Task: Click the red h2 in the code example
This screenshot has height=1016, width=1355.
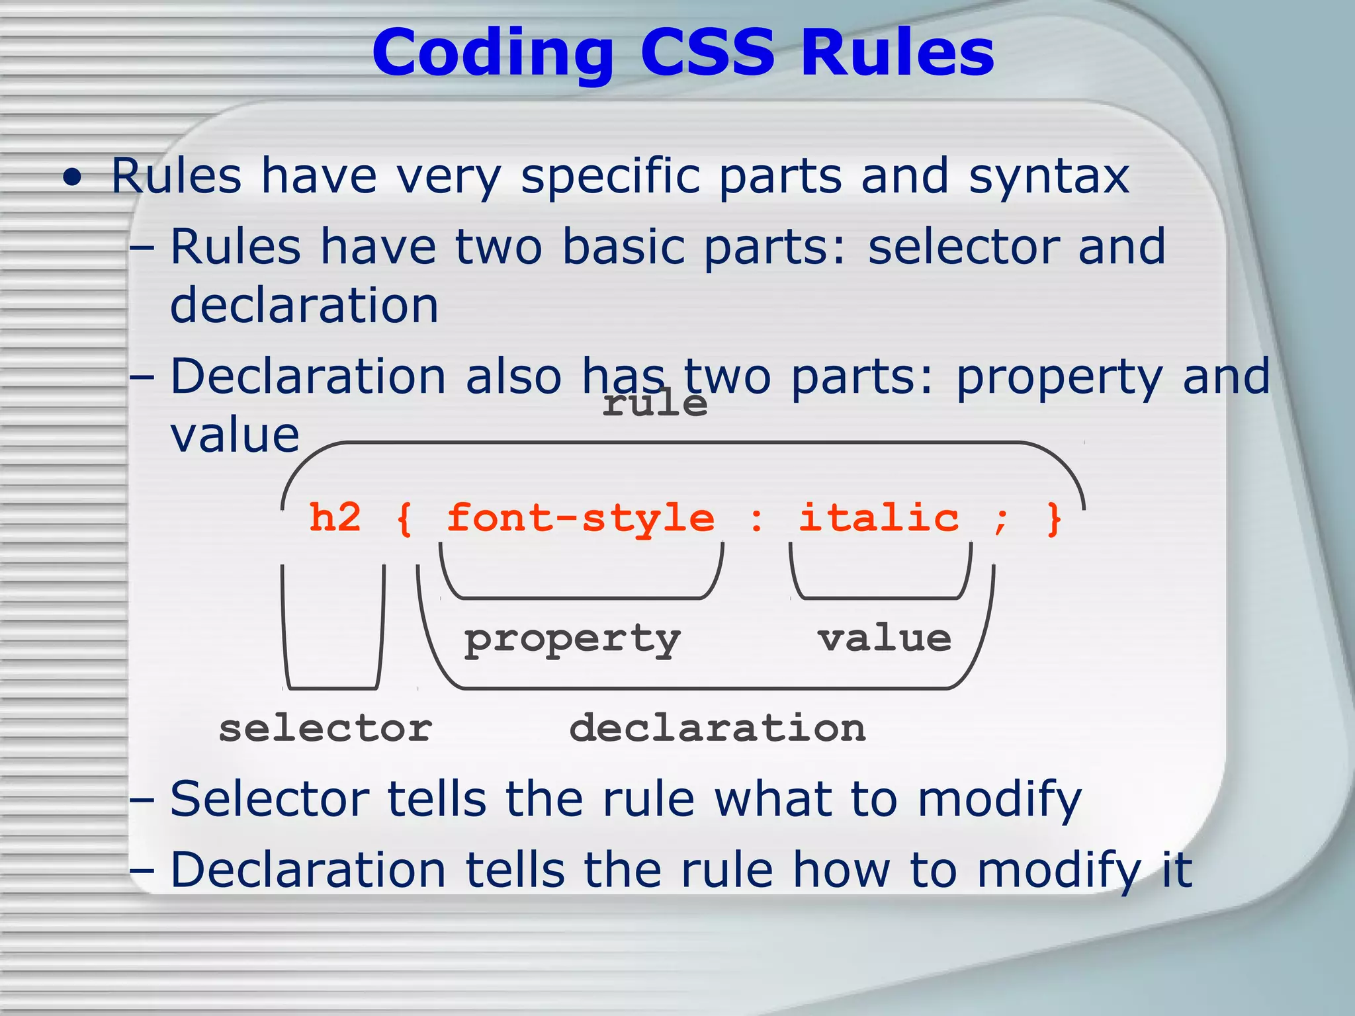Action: pos(335,518)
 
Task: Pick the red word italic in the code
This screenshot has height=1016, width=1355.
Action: pos(879,518)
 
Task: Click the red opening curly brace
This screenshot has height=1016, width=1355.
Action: pos(404,519)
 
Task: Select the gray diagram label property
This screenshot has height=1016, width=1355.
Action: pos(572,640)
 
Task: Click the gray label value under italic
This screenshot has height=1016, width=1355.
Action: pos(885,638)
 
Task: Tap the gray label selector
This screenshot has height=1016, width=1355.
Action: pos(325,729)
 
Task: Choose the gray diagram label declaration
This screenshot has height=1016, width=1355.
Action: pos(717,729)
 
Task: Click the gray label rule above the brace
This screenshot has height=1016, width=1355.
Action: pos(654,403)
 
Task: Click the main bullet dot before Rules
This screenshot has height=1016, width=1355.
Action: pos(73,178)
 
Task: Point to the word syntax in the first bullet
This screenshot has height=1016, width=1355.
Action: pos(1049,177)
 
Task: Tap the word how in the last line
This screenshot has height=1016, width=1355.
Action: pos(842,870)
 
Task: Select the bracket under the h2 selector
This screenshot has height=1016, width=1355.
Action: pos(333,687)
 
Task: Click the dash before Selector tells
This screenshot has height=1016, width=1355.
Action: pos(142,800)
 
